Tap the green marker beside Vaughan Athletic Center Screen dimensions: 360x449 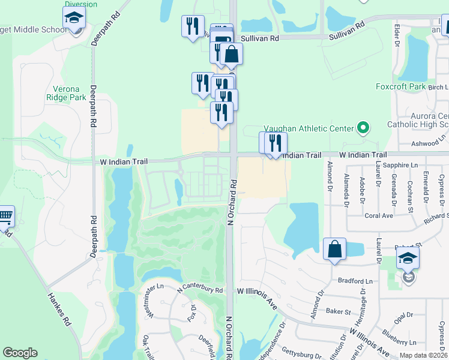click(x=363, y=127)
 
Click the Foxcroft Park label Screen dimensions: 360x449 click(x=401, y=86)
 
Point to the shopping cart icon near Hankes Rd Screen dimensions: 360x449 click(x=5, y=216)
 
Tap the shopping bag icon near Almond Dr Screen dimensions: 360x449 click(x=334, y=249)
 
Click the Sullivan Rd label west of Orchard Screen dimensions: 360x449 click(x=261, y=38)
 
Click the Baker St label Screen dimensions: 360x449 click(x=339, y=311)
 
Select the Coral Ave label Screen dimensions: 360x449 click(x=378, y=215)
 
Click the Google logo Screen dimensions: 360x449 click(x=20, y=353)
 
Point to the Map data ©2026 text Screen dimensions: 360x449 click(x=423, y=355)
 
